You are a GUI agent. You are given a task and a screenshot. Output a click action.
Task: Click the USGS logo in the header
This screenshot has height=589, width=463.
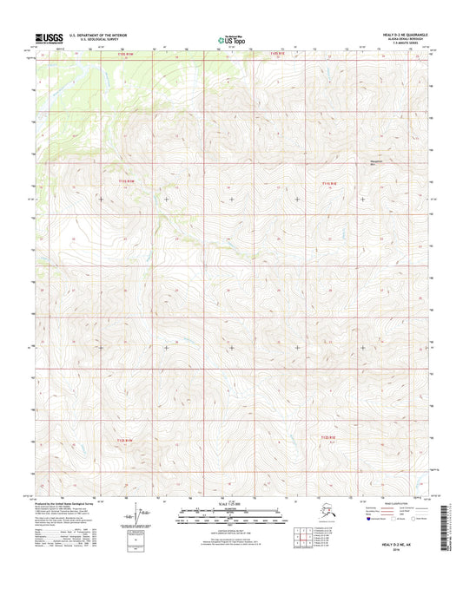tap(43, 38)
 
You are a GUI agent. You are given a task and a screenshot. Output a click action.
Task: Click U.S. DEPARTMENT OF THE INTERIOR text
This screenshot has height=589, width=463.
tap(93, 35)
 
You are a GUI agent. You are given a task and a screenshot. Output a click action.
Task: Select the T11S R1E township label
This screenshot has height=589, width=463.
tap(327, 183)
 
